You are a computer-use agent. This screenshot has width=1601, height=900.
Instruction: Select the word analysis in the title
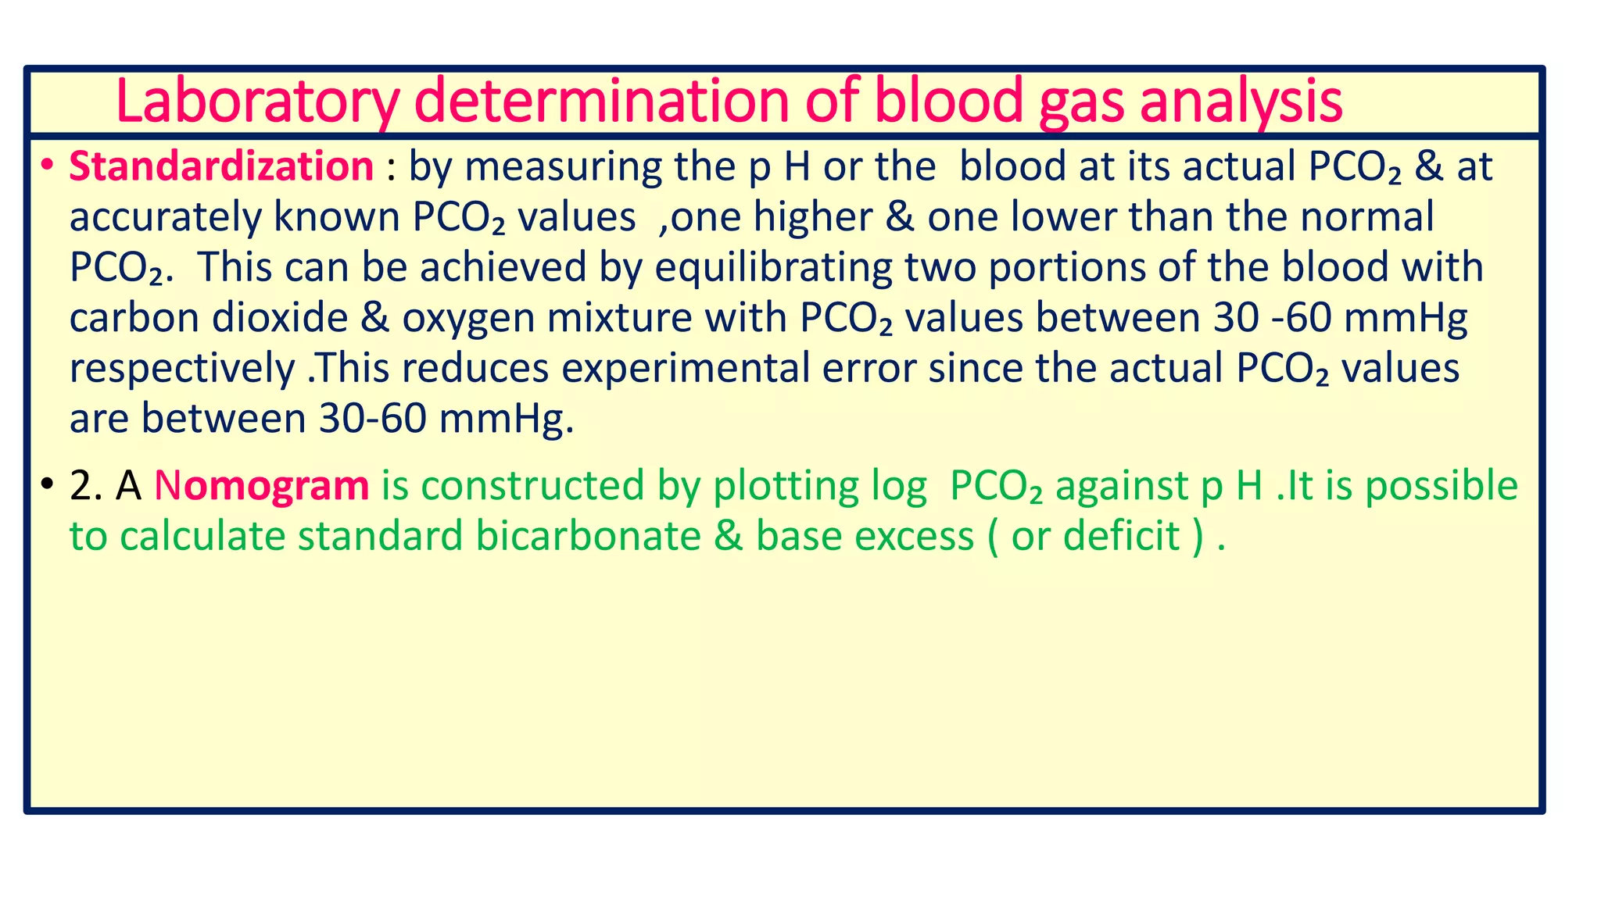(x=1241, y=102)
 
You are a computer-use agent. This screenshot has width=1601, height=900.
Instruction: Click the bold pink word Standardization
(x=221, y=166)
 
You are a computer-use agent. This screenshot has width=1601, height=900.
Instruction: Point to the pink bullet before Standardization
(x=48, y=166)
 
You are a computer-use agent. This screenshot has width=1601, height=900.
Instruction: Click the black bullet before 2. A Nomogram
(x=48, y=484)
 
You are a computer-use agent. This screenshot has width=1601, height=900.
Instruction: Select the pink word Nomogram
(x=261, y=485)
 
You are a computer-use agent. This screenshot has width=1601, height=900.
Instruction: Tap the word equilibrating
(x=773, y=267)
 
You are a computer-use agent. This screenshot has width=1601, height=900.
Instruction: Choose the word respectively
(x=182, y=368)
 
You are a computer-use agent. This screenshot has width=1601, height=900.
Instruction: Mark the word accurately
(x=165, y=217)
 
